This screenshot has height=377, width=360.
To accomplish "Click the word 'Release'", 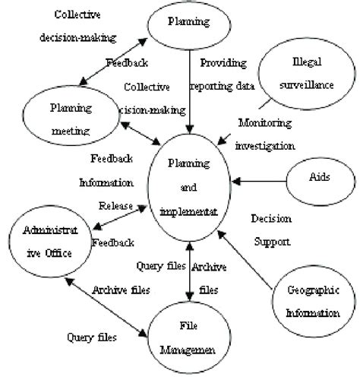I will [x=113, y=204].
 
